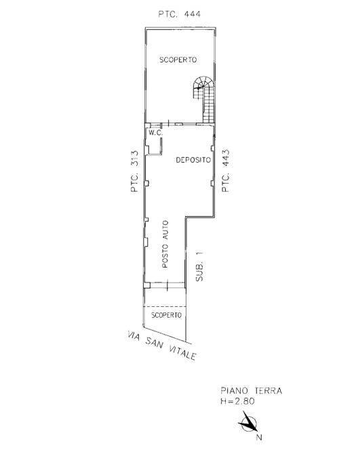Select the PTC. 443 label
[x=226, y=171]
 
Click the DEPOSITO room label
[x=193, y=161]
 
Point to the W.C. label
[x=155, y=133]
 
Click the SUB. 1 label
[x=199, y=267]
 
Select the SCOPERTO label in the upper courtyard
[x=178, y=60]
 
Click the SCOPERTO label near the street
[x=165, y=315]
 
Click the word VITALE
[x=182, y=353]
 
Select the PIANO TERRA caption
[x=251, y=391]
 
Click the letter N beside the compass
[x=259, y=437]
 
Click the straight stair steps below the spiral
[x=210, y=105]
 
